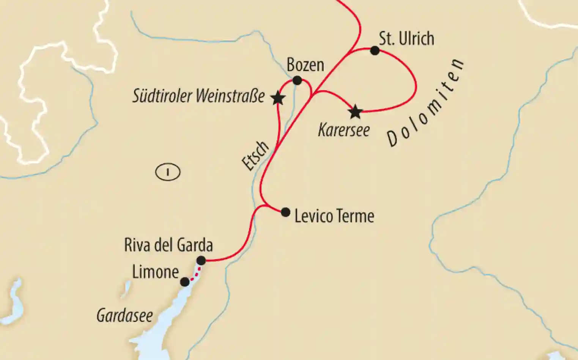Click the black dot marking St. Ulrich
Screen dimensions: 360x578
(x=375, y=50)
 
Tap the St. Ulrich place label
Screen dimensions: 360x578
(x=406, y=39)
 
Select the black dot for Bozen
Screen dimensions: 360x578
(x=297, y=80)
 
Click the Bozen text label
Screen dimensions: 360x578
(x=305, y=65)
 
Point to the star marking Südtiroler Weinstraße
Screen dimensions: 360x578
(x=278, y=98)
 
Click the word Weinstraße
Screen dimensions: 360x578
(x=230, y=96)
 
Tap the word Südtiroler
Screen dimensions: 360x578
(x=162, y=96)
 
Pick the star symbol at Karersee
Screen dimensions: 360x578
(x=355, y=112)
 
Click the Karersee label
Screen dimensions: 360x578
(x=344, y=130)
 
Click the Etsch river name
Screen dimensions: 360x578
(x=255, y=156)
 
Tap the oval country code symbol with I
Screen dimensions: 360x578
(x=168, y=172)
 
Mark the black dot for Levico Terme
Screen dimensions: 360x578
(x=285, y=212)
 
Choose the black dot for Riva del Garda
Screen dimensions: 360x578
(x=201, y=261)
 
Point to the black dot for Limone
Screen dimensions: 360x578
(x=184, y=282)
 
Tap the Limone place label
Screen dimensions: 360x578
(x=155, y=272)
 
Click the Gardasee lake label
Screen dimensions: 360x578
(x=124, y=316)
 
